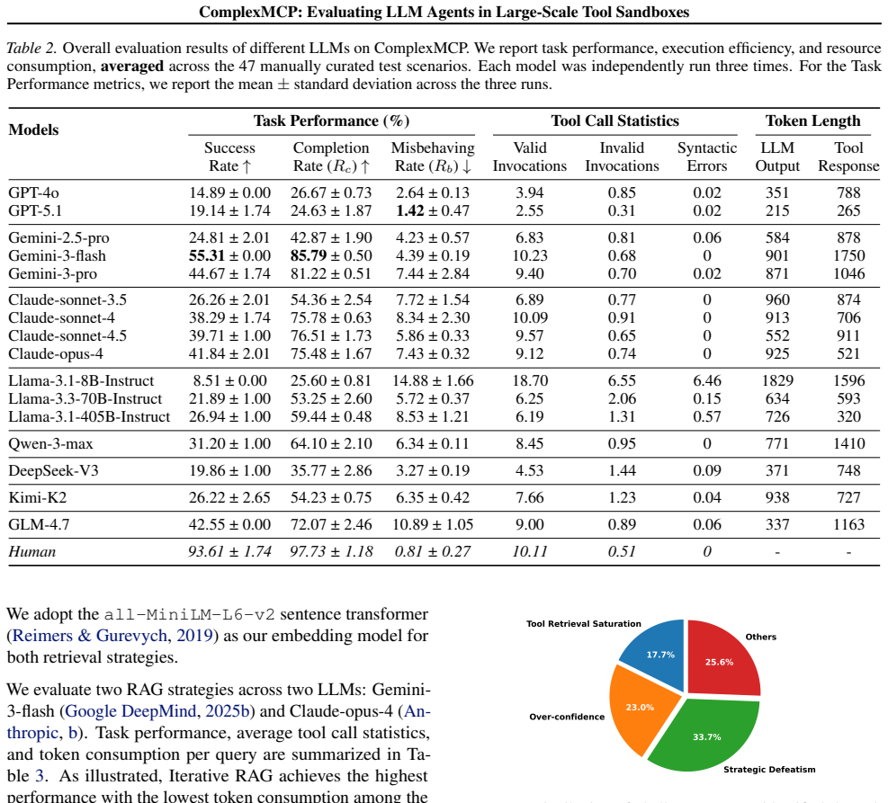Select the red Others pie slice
721,659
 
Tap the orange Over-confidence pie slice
642,708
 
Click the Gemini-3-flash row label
57,255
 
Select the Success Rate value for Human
229,551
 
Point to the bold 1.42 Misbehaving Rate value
410,210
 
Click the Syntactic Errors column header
707,156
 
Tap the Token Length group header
812,121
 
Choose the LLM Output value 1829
777,380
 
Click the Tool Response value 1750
848,255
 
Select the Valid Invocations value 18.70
530,380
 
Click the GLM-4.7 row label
39,524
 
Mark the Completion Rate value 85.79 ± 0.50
331,255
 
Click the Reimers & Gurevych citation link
89,636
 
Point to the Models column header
33,129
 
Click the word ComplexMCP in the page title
250,12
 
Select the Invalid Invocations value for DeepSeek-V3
622,471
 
